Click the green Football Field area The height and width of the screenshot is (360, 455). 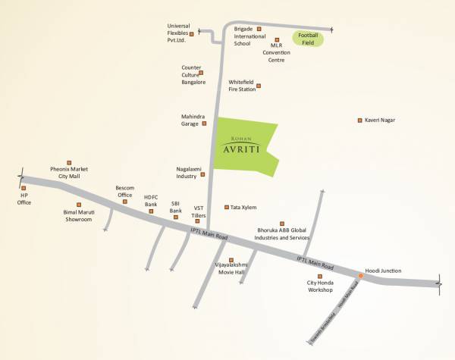309,39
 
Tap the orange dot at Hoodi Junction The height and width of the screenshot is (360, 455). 361,276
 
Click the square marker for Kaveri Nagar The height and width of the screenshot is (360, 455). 359,121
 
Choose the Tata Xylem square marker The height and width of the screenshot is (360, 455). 226,207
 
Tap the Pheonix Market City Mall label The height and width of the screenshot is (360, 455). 70,173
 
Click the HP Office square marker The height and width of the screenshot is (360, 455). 24,187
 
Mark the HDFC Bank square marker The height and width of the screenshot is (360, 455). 151,211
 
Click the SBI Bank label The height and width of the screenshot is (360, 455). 175,207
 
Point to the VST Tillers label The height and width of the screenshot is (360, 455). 199,211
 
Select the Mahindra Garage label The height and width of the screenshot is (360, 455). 190,121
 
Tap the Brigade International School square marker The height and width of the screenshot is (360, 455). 259,30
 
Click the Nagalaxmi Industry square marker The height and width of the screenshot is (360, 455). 202,175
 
